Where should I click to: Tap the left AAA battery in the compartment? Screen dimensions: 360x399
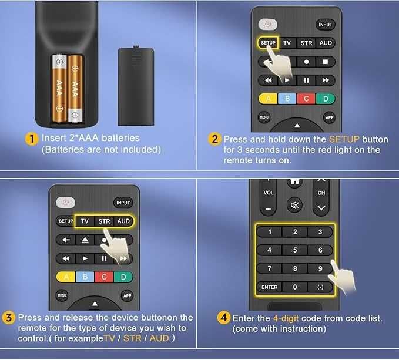point(59,88)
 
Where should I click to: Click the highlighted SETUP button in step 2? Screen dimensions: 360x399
point(267,43)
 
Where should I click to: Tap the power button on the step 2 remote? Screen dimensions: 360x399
point(267,25)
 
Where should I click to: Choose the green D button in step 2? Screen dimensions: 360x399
point(325,99)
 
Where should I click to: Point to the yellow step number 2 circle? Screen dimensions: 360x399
point(215,139)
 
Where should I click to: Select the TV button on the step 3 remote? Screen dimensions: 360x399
point(85,221)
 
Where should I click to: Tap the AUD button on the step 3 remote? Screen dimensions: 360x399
point(123,221)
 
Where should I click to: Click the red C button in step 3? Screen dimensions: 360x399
point(104,277)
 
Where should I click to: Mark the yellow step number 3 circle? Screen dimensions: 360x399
point(9,318)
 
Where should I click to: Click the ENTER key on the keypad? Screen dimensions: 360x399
point(270,287)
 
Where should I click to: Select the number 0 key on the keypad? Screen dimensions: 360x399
point(295,287)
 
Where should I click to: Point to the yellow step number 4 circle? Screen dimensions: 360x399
point(223,318)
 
